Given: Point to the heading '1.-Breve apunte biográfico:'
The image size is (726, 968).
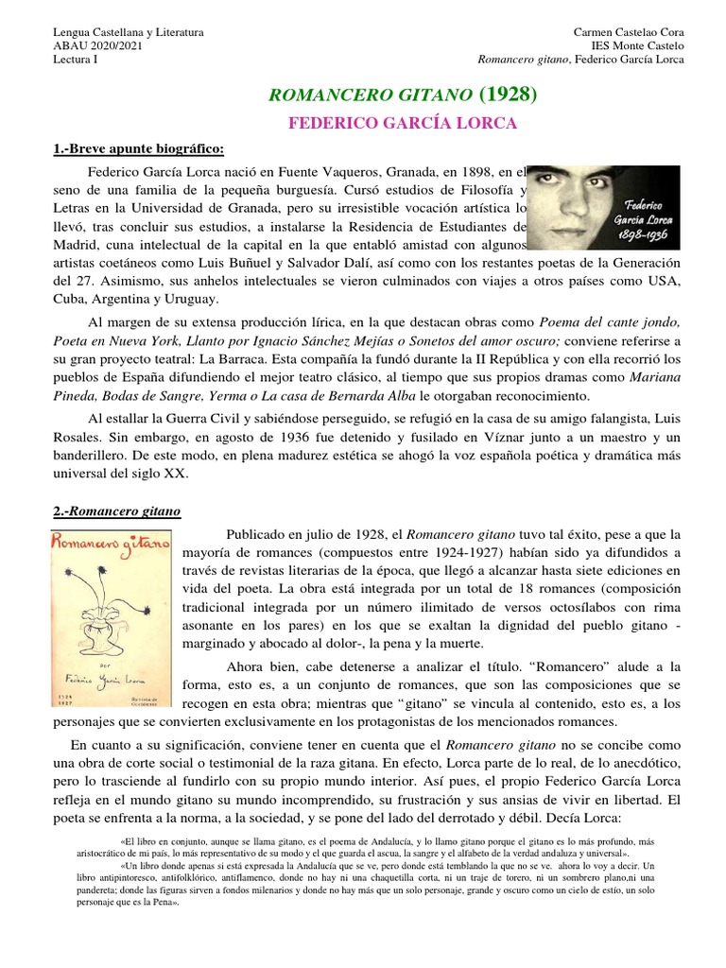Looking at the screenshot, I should [x=138, y=149].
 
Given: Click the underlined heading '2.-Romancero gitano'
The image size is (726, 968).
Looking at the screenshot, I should [x=116, y=511].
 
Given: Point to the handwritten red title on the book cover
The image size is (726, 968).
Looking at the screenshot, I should [x=110, y=545].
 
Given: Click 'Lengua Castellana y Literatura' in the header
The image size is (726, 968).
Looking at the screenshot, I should [x=128, y=32].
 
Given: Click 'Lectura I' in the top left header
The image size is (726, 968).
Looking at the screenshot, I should [x=74, y=60].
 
